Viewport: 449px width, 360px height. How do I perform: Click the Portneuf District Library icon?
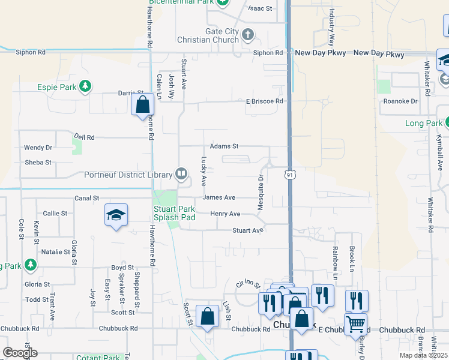[x=181, y=175]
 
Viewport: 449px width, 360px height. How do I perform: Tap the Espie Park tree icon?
[x=85, y=87]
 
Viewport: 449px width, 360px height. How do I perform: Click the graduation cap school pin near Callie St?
[x=116, y=215]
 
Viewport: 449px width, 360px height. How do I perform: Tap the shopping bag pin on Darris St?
[x=142, y=105]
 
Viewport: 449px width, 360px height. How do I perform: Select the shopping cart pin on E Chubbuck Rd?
[x=355, y=324]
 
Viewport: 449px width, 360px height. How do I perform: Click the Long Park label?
[x=423, y=124]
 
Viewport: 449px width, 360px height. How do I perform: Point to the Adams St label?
[x=224, y=146]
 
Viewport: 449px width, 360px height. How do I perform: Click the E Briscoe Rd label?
[x=264, y=101]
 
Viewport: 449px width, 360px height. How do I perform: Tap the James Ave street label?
[x=219, y=197]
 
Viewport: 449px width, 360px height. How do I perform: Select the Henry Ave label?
[x=225, y=214]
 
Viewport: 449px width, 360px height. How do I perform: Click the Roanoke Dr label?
[x=400, y=101]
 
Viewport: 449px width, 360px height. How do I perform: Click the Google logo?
[x=20, y=352]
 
